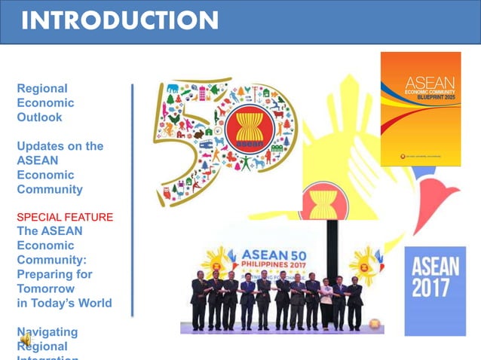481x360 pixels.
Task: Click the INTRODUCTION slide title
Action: [120, 20]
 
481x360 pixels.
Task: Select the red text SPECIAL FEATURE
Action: [65, 218]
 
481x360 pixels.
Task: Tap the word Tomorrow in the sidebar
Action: [45, 288]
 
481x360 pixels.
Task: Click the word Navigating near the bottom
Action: [47, 331]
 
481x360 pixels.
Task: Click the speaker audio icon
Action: [25, 341]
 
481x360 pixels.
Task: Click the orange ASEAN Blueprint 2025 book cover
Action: [420, 108]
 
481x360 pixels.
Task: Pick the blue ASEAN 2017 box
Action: [435, 290]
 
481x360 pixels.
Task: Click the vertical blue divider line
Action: [133, 200]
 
